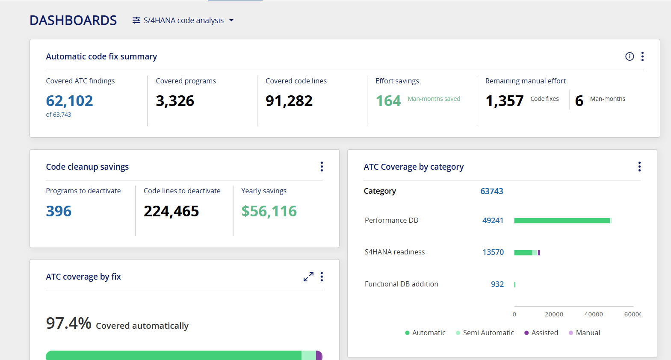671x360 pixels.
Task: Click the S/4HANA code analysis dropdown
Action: [183, 21]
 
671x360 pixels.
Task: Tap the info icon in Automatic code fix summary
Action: [630, 56]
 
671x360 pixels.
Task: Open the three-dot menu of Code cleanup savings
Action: [322, 166]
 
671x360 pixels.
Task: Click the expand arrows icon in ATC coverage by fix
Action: [308, 277]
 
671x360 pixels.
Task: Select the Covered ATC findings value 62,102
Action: [70, 100]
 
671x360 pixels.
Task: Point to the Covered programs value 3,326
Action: [175, 100]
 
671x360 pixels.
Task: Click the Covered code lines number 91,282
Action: [289, 100]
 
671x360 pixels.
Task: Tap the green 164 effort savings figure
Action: [388, 100]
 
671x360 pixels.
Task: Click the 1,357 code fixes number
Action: [505, 100]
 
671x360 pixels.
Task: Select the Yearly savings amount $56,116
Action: [269, 211]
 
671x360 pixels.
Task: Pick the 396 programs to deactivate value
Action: [59, 211]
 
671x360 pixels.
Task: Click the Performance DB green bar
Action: [562, 221]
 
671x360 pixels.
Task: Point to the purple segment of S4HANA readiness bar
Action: [539, 253]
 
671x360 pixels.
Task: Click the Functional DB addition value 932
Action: [497, 284]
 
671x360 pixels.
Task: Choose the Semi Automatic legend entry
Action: [485, 333]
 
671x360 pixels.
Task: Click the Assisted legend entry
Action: [541, 333]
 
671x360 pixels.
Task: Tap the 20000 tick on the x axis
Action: [554, 314]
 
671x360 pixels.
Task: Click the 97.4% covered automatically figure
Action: [68, 323]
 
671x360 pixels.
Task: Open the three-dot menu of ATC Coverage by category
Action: [639, 166]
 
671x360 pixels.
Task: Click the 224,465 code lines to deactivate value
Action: [171, 211]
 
